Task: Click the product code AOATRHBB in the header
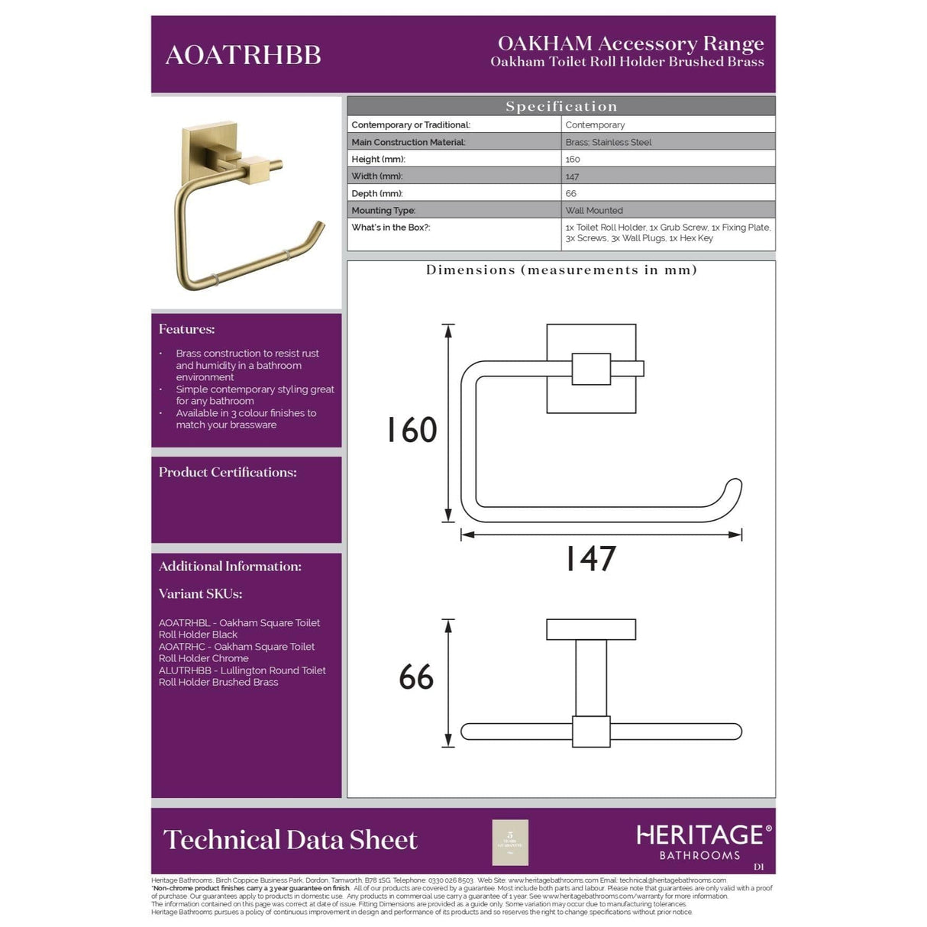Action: tap(243, 55)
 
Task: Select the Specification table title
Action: tap(560, 106)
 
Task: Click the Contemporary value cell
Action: tap(595, 124)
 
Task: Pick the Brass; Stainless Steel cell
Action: tap(608, 142)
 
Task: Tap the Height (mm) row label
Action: tap(378, 159)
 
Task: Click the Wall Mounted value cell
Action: tap(593, 210)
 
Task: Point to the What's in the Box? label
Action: tap(390, 227)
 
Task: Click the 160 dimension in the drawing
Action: tap(411, 430)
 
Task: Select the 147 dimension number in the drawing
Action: tap(589, 558)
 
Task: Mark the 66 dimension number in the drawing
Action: tap(416, 677)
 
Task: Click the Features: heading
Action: tap(186, 329)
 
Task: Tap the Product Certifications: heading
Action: tap(228, 472)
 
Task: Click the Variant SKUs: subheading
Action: tap(200, 593)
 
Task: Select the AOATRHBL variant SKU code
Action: tap(184, 623)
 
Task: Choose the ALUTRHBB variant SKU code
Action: tap(185, 670)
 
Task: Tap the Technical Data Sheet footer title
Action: tap(290, 840)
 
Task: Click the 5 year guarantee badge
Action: tap(510, 842)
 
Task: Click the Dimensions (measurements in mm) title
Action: tap(560, 270)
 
